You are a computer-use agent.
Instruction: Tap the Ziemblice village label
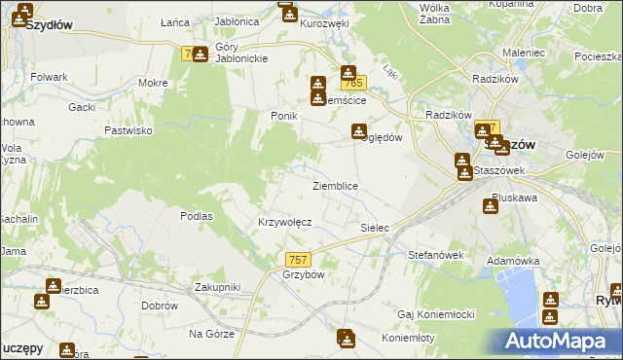[x=335, y=186]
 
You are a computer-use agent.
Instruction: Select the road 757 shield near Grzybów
[x=299, y=259]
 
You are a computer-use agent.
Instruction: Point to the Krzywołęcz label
[x=284, y=222]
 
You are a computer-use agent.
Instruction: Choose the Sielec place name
[x=375, y=228]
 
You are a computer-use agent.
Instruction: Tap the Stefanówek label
[x=436, y=254]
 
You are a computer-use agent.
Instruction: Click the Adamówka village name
[x=513, y=261]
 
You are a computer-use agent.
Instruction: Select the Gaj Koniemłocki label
[x=435, y=314]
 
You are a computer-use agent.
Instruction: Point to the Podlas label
[x=197, y=216]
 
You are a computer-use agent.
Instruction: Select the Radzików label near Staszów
[x=449, y=114]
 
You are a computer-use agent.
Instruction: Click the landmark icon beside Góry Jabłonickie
[x=200, y=54]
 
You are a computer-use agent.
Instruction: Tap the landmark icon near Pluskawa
[x=490, y=206]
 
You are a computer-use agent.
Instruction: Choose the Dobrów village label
[x=159, y=306]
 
